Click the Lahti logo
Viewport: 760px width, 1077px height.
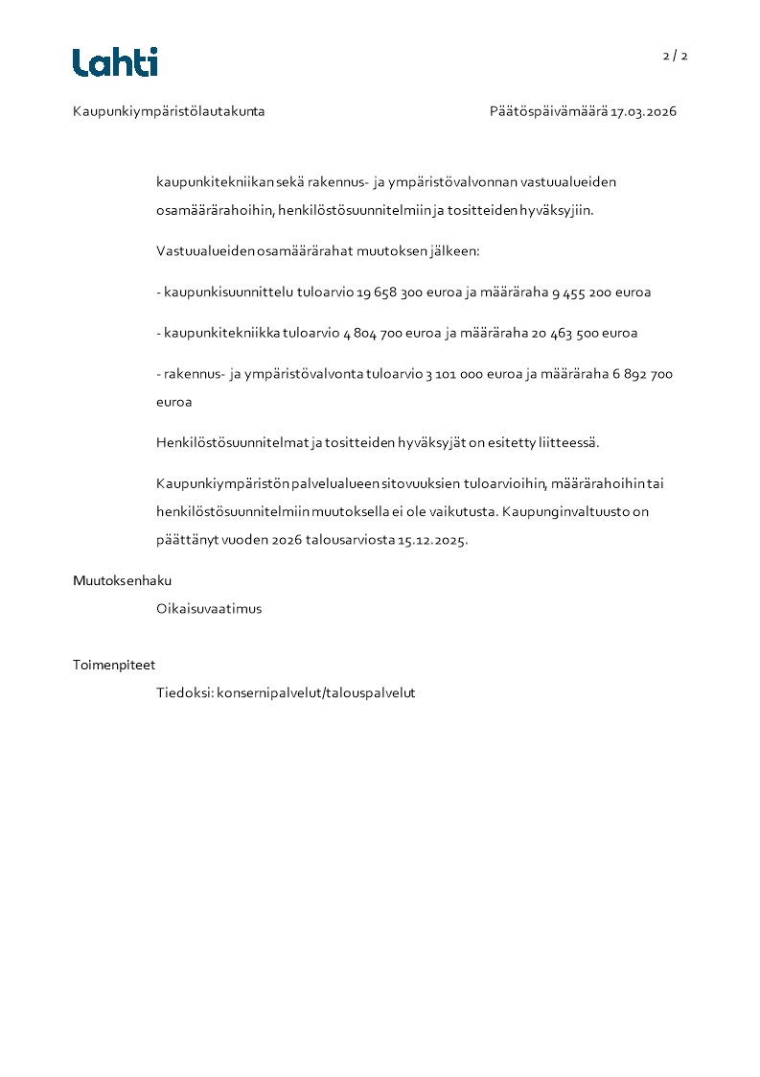point(115,62)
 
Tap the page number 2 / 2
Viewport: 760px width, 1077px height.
point(675,56)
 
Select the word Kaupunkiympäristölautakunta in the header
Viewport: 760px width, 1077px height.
point(169,111)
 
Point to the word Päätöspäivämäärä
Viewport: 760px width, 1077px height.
point(548,111)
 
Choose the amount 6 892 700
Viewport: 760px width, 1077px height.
point(642,374)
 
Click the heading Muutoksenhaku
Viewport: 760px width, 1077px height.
point(122,580)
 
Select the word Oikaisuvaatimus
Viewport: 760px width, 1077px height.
point(209,609)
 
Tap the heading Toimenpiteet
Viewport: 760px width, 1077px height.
point(114,665)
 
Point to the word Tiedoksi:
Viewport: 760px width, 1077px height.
point(184,692)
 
